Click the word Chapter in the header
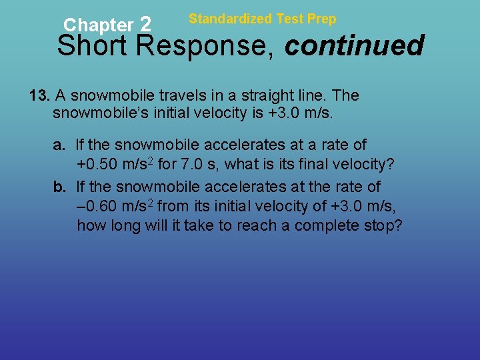(98, 25)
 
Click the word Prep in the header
(322, 19)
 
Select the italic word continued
(355, 47)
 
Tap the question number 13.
(40, 95)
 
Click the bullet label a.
(59, 145)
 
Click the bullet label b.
(59, 186)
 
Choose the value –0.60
(97, 206)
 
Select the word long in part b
(121, 226)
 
